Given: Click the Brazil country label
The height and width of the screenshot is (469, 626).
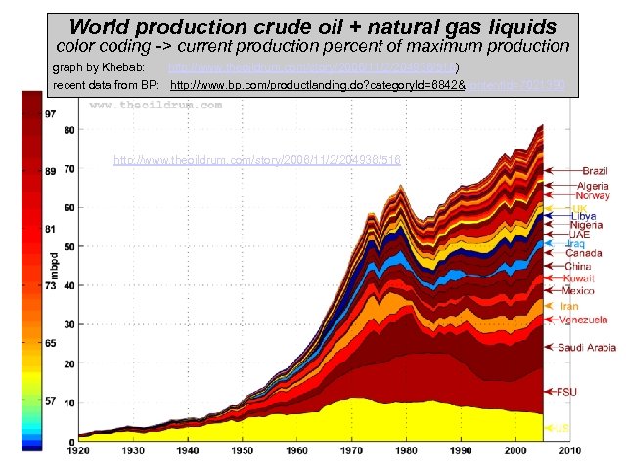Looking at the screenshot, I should coord(596,171).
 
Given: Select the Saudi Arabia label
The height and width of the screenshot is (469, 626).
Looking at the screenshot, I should coord(587,348).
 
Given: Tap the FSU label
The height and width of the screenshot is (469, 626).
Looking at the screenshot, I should coord(566,392).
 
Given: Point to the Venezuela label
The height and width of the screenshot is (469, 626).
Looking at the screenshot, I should coord(583,320).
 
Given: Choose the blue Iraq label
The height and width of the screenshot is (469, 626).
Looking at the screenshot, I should coord(575,243).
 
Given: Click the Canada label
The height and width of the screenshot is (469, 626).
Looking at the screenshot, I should coord(585,254).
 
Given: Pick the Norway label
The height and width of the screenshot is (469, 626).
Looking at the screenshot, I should coord(593,196).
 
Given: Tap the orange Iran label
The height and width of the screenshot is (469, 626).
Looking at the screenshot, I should coord(569,306).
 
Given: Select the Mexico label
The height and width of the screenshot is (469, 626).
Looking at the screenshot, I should coord(579,290).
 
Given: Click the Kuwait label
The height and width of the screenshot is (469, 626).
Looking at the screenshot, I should coord(579,278).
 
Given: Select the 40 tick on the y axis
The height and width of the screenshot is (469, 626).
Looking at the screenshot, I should coord(69,285).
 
